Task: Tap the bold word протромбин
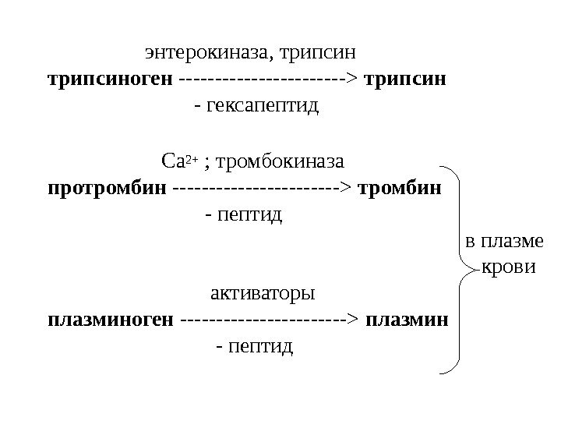(108, 188)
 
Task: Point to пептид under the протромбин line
(249, 213)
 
